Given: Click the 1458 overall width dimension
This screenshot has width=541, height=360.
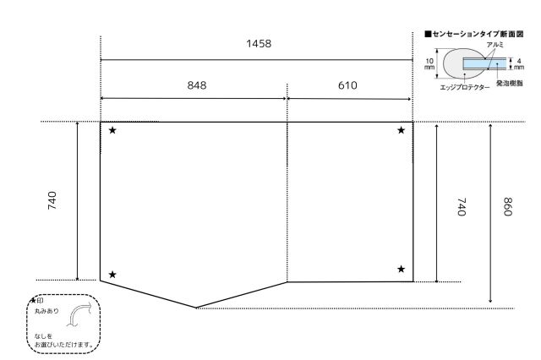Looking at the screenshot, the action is [259, 44].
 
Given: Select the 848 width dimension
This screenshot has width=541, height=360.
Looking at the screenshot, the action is [197, 85].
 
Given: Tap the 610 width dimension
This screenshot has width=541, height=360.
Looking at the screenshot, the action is [347, 85].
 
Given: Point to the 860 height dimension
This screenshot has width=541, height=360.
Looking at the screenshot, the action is [507, 206].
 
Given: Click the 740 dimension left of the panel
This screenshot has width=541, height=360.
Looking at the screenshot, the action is [52, 200].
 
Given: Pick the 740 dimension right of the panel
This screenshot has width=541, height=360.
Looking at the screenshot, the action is [462, 206].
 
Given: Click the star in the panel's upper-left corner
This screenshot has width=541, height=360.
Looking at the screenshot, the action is [112, 130].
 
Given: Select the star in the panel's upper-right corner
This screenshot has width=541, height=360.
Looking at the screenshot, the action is [401, 130].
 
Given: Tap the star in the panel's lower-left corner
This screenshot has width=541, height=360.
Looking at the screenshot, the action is [112, 275].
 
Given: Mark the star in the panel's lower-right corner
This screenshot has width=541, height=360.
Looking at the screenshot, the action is [401, 269].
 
